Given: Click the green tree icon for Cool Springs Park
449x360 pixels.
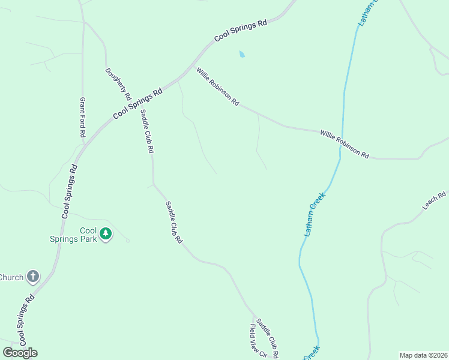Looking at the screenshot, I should point(106,233).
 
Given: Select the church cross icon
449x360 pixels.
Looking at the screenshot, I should point(33,277).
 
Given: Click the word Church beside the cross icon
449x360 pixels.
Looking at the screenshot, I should point(11,277).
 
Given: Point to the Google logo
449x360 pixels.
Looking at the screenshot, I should point(20,352).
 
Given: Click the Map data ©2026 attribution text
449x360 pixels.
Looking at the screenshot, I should point(424,355).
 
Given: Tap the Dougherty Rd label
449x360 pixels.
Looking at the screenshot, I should point(118,83).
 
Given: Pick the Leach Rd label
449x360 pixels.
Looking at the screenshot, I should point(434,200).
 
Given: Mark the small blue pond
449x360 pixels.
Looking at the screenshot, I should point(242,54).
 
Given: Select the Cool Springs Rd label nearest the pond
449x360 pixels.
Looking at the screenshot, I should point(240,31).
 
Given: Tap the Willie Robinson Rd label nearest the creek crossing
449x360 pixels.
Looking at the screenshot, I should point(344,144).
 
